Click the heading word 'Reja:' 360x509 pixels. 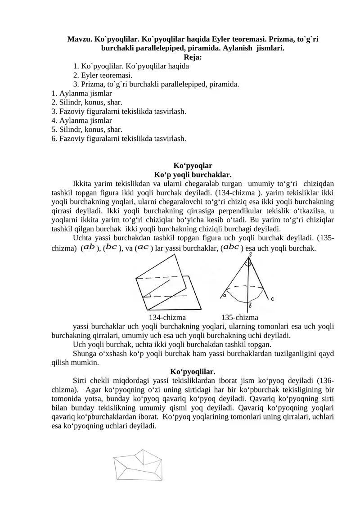[x=193, y=57]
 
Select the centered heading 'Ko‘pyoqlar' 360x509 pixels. [x=193, y=166]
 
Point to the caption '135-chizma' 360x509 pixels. [x=239, y=317]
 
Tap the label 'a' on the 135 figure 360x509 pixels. [x=224, y=296]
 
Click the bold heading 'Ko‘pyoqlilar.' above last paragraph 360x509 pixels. [x=193, y=371]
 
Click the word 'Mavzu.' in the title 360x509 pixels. [x=80, y=39]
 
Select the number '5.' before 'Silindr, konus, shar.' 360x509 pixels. [x=54, y=130]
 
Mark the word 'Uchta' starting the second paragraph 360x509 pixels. [x=81, y=238]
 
